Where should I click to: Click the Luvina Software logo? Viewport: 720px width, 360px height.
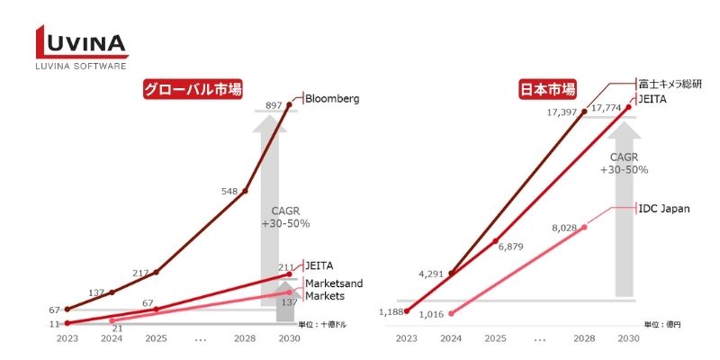(x=82, y=48)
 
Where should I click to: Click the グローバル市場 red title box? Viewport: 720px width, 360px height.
(x=195, y=91)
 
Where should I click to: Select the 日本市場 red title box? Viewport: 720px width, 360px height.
(x=548, y=91)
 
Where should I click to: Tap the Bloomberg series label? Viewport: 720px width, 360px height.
(x=332, y=98)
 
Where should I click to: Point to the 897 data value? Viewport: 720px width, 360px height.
(x=274, y=106)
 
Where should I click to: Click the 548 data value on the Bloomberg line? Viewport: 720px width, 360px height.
(x=230, y=191)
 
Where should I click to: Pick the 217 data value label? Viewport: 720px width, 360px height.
(x=142, y=273)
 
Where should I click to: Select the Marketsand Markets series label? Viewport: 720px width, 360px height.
(x=332, y=290)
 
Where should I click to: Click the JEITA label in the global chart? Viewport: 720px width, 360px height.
(x=319, y=265)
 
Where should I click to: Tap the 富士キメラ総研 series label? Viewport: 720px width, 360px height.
(x=670, y=83)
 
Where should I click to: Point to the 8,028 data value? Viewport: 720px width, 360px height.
(x=568, y=229)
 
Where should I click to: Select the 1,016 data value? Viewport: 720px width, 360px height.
(x=431, y=313)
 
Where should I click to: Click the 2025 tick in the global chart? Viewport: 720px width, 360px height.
(x=156, y=338)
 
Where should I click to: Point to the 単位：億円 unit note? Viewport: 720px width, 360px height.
(x=662, y=323)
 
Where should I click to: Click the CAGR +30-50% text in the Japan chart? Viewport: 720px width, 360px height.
(x=629, y=163)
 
